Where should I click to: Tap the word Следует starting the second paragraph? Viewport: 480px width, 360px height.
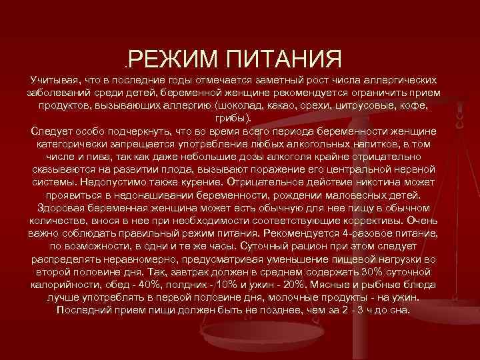[x=51, y=131]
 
